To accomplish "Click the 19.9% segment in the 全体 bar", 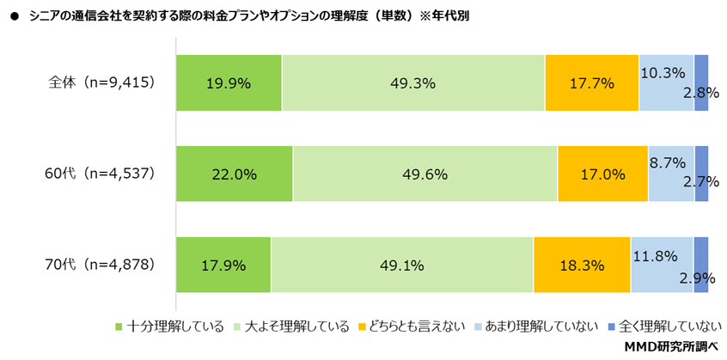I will [x=229, y=83].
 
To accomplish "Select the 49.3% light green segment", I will [x=412, y=83].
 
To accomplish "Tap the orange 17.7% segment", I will [x=591, y=83].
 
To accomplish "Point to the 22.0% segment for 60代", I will [x=234, y=174].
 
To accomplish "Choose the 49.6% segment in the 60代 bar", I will [x=425, y=174].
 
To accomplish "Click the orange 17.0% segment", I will [x=602, y=174].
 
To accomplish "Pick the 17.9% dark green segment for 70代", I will [x=223, y=265].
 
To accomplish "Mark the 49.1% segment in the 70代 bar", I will [x=401, y=265].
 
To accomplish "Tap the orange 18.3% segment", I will [x=581, y=265].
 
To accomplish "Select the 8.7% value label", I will [x=667, y=161].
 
